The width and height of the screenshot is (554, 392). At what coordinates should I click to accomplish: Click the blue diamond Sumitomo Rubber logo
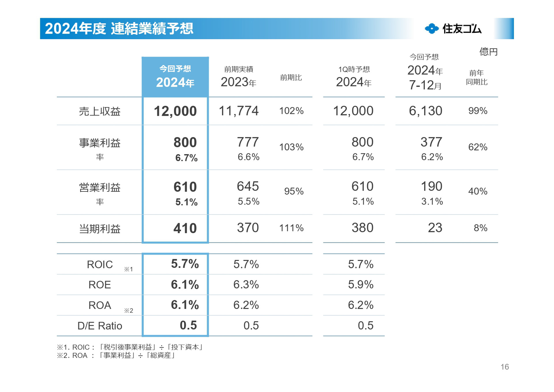(432, 29)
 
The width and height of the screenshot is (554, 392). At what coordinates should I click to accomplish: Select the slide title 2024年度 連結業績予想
(119, 29)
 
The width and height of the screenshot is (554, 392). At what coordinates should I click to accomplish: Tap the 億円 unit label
(488, 52)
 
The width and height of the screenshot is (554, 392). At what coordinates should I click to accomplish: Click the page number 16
(504, 367)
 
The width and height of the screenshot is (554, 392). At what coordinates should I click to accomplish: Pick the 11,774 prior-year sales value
(238, 111)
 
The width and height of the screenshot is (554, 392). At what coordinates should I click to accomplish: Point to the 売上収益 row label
(100, 111)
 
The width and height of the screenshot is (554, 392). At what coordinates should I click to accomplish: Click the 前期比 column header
(291, 78)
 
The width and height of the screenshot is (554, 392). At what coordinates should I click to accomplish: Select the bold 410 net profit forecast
(185, 228)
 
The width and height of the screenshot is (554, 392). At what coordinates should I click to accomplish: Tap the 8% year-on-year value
(480, 228)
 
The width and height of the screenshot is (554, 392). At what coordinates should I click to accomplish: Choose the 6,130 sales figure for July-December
(425, 111)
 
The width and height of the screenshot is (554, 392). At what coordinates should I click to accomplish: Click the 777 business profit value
(248, 142)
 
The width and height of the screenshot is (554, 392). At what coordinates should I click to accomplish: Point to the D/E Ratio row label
(100, 326)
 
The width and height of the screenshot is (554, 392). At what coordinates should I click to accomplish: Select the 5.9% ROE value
(360, 285)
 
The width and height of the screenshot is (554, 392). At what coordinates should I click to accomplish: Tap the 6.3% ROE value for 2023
(246, 285)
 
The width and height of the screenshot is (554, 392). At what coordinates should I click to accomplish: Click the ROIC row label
(100, 264)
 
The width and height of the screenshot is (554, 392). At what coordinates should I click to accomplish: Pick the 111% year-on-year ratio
(291, 228)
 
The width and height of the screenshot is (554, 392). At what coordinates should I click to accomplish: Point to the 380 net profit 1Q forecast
(362, 228)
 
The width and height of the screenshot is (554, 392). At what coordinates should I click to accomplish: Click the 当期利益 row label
(100, 229)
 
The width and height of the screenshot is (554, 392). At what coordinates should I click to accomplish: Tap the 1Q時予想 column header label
(354, 69)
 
